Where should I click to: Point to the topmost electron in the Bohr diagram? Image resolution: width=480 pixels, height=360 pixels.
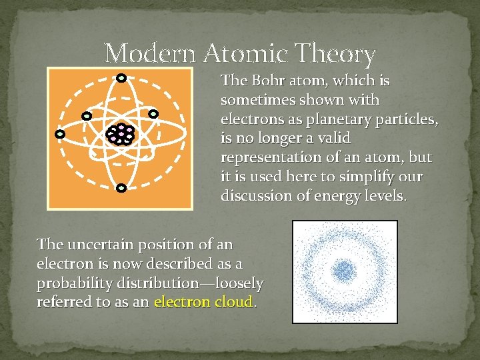[x=121, y=77]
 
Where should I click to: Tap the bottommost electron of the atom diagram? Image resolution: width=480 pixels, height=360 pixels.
[x=121, y=189]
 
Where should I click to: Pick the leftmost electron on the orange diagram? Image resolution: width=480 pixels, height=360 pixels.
[x=60, y=134]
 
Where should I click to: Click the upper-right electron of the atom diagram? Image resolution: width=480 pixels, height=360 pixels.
[x=153, y=114]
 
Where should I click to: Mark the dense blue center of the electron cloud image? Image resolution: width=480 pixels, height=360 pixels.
[x=345, y=270]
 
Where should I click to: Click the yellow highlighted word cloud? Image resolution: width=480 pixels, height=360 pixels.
[x=233, y=302]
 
